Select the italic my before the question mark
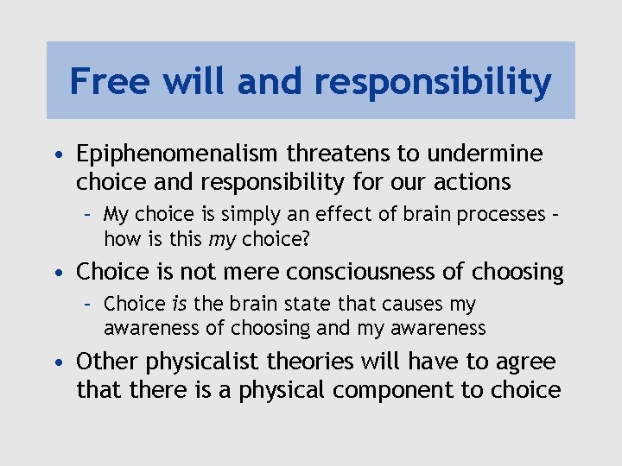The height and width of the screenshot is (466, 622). point(224,238)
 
